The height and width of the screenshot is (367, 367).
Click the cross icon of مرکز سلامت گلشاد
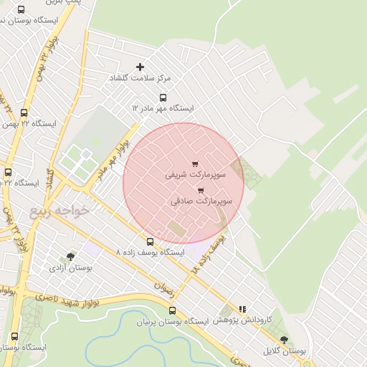click(x=140, y=67)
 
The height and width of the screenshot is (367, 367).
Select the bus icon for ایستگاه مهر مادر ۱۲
click(x=163, y=98)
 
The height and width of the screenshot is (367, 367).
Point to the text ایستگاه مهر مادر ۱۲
click(x=163, y=108)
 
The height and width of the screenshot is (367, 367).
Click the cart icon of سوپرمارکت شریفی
click(x=196, y=163)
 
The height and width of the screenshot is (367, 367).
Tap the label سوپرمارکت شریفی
click(x=196, y=174)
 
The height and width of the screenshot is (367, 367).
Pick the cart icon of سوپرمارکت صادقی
click(x=200, y=191)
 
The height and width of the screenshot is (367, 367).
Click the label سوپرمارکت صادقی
click(x=201, y=201)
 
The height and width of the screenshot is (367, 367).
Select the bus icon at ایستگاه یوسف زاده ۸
click(x=150, y=242)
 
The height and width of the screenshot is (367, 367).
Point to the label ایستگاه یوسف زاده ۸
click(x=150, y=253)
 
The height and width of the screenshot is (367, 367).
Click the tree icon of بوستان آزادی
click(x=70, y=257)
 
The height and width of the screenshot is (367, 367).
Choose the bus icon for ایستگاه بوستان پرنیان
click(x=172, y=310)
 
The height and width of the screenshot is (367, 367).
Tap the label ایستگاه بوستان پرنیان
click(x=172, y=321)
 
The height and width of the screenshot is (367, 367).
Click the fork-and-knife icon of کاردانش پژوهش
click(x=242, y=310)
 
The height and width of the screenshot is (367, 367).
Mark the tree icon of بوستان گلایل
click(x=284, y=340)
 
